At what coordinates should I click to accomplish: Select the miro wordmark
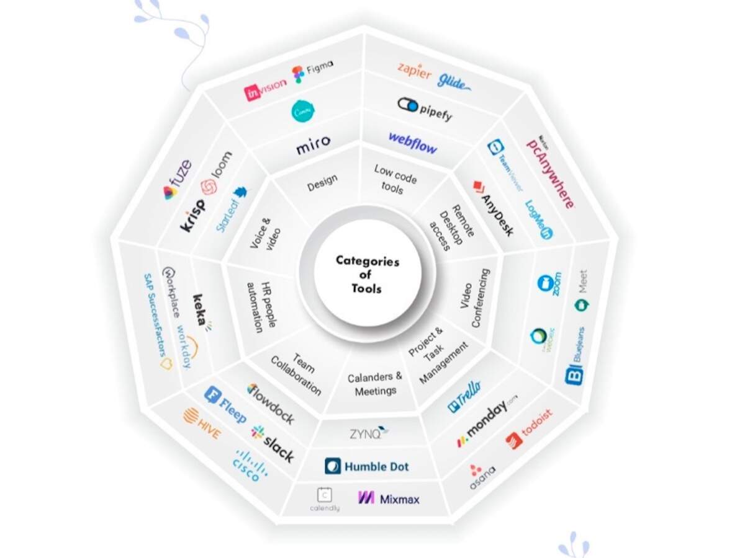pyautogui.click(x=313, y=144)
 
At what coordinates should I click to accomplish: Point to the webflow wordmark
pyautogui.click(x=413, y=143)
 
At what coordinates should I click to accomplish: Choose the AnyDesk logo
pyautogui.click(x=494, y=208)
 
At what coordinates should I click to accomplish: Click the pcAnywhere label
pyautogui.click(x=549, y=172)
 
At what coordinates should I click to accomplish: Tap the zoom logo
pyautogui.click(x=550, y=283)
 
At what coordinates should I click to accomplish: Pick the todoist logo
pyautogui.click(x=528, y=428)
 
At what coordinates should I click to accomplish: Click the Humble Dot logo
pyautogui.click(x=367, y=466)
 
